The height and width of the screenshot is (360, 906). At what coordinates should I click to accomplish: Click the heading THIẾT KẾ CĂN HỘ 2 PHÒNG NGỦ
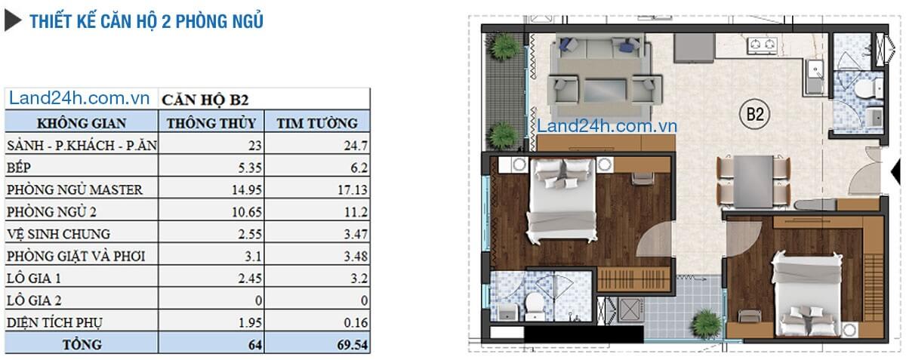[x=146, y=21]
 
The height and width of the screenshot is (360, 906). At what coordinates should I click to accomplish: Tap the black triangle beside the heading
[x=12, y=21]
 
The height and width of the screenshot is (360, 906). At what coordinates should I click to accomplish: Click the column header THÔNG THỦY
[x=211, y=123]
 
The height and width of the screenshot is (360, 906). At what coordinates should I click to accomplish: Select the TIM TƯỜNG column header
[x=317, y=123]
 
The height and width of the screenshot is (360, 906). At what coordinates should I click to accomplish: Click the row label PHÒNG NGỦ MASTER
[x=75, y=189]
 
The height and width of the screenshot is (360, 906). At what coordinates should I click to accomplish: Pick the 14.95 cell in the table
[x=247, y=189]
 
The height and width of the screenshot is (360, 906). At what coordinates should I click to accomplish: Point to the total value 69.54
[x=353, y=345]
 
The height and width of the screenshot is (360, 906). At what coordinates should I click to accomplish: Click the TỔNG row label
[x=82, y=345]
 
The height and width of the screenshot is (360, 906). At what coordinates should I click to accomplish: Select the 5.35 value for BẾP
[x=250, y=168]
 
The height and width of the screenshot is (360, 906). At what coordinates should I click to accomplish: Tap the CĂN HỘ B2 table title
[x=205, y=100]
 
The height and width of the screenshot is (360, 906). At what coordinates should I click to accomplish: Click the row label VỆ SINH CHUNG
[x=59, y=234]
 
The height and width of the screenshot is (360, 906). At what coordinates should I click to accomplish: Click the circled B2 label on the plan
[x=755, y=114]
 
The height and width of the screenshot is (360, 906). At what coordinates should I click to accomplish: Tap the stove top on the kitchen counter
[x=763, y=45]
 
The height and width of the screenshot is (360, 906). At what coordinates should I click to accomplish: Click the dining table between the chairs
[x=753, y=182]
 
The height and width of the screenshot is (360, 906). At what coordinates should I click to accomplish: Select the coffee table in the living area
[x=605, y=91]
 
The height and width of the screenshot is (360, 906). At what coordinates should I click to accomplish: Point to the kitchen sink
[x=814, y=76]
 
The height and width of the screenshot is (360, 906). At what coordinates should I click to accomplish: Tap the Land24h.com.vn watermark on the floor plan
[x=607, y=126]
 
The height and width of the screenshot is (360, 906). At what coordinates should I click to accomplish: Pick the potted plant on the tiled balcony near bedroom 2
[x=707, y=324]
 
